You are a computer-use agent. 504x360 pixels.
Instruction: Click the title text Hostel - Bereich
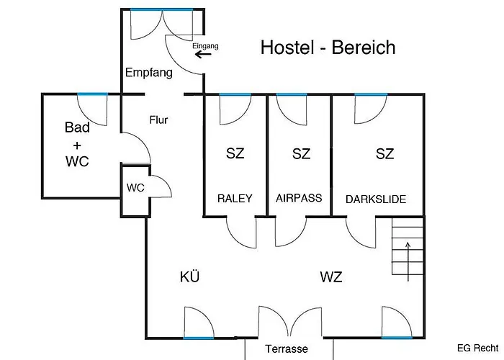[328, 48]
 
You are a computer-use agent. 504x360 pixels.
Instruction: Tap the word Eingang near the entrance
[205, 46]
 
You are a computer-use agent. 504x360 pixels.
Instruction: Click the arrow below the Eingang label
[203, 54]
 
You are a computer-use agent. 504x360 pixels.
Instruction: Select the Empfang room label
[149, 73]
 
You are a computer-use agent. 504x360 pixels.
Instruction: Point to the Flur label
[158, 120]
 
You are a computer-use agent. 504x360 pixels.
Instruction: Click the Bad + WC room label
[77, 144]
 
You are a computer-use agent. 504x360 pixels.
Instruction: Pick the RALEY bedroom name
[235, 198]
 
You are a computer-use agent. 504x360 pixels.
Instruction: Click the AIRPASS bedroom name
[299, 198]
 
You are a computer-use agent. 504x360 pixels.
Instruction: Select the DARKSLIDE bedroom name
[376, 199]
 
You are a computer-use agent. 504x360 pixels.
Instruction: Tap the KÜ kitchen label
[189, 276]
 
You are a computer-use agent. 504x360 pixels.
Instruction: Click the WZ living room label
[331, 276]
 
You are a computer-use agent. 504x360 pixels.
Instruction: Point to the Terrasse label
[287, 348]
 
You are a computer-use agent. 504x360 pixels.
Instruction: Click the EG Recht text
[477, 348]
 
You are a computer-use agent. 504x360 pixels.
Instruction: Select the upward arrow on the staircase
[408, 261]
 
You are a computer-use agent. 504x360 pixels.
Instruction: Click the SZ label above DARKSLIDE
[384, 153]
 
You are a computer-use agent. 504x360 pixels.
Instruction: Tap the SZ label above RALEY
[235, 153]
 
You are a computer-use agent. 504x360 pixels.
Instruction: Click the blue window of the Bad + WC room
[93, 94]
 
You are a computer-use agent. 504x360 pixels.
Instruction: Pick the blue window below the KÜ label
[198, 338]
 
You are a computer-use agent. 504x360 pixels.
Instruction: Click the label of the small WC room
[135, 188]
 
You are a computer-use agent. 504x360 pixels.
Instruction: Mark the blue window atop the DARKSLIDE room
[371, 94]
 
